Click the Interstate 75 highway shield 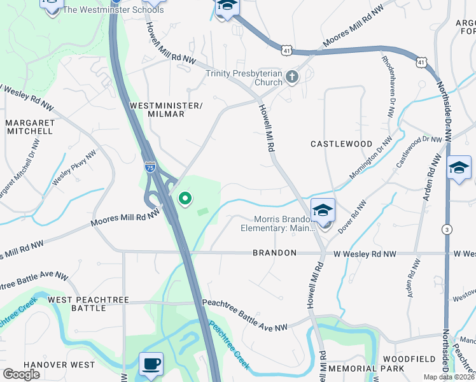pos(150,167)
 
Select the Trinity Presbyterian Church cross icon pos(291,77)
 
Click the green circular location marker pos(185,200)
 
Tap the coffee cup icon pos(151,364)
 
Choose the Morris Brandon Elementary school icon pos(323,211)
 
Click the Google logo pos(21,374)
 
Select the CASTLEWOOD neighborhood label pos(341,144)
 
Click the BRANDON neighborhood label pos(274,253)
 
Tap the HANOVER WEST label pos(50,365)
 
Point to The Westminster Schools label pos(113,10)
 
